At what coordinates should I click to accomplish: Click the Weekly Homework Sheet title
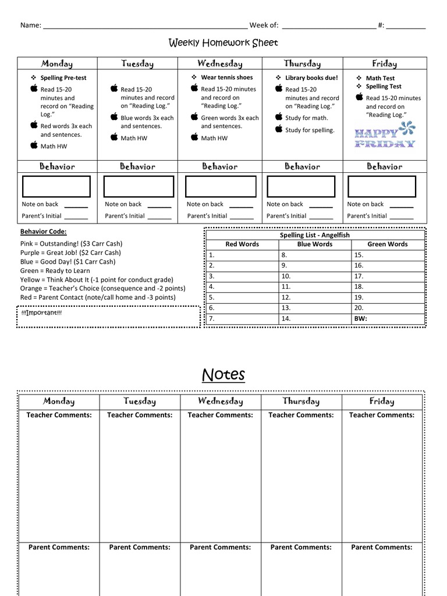click(x=223, y=43)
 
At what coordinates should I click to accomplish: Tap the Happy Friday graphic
click(x=385, y=134)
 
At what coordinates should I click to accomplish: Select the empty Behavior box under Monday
click(x=56, y=187)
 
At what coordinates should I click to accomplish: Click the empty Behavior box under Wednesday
click(x=220, y=187)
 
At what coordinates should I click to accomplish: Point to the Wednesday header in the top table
click(x=220, y=64)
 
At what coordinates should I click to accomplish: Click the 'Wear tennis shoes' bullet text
click(x=226, y=77)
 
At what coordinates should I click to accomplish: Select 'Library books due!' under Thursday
click(x=311, y=77)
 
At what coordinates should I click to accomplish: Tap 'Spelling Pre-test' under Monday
click(x=63, y=78)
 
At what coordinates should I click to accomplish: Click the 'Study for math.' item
click(x=306, y=118)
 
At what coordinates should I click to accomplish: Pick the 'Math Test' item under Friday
click(x=379, y=78)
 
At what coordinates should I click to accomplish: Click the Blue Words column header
click(x=314, y=244)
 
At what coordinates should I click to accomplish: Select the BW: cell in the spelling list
click(x=361, y=319)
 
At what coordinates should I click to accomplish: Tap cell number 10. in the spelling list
click(x=286, y=276)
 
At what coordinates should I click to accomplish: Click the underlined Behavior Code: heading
click(x=43, y=232)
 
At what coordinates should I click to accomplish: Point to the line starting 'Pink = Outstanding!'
click(x=71, y=244)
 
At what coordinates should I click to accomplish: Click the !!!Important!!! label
click(x=41, y=313)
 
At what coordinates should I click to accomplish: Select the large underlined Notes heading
click(x=223, y=375)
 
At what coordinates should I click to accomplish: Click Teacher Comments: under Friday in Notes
click(x=381, y=416)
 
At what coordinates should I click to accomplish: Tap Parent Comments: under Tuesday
click(x=140, y=548)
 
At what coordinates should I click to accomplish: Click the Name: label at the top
click(x=30, y=25)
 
